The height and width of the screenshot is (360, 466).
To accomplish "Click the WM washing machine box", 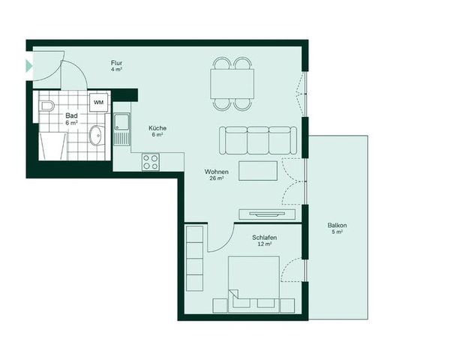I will (x=99, y=101).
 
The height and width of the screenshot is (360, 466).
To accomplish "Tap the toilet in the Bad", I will (x=47, y=106).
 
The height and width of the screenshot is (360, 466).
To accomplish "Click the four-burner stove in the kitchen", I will (x=150, y=161).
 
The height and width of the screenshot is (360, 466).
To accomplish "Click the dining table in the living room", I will (x=232, y=82).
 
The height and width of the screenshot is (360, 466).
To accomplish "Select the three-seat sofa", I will (x=257, y=139).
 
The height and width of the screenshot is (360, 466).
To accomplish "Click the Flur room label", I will (x=116, y=62).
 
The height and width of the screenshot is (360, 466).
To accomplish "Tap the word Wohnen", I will (x=216, y=172).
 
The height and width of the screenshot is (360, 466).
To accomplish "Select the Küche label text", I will (x=158, y=128).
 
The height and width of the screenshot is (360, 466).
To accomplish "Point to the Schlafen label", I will (x=264, y=238).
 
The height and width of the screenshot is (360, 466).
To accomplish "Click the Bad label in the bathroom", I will (x=71, y=115).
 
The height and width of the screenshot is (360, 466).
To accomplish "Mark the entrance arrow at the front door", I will (x=29, y=66).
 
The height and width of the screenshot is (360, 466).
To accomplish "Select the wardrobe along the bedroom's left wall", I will (x=194, y=257).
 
